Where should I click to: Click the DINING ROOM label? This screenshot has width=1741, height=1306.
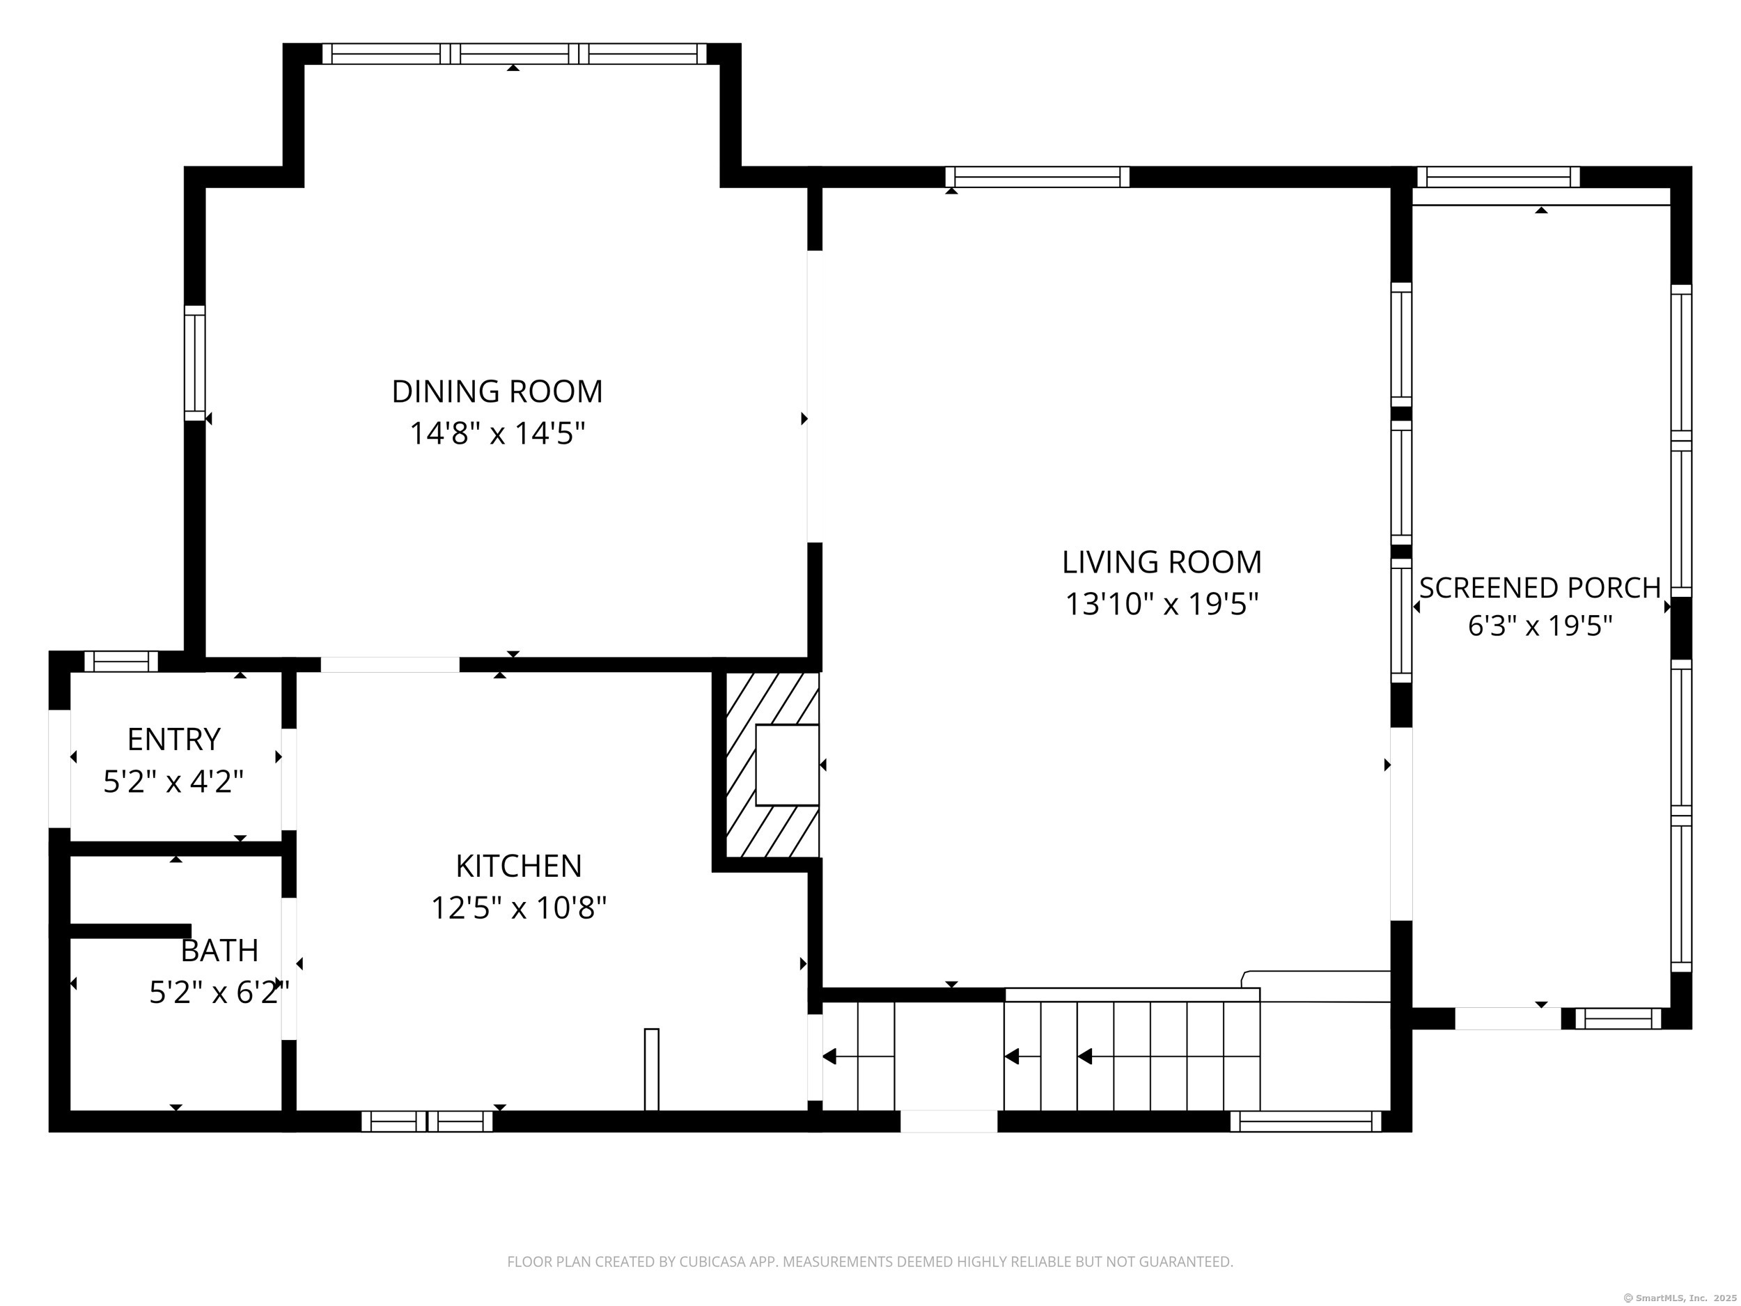coord(497,391)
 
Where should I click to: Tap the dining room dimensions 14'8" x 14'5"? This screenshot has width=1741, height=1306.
coord(497,433)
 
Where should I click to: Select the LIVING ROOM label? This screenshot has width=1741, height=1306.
coord(1162,562)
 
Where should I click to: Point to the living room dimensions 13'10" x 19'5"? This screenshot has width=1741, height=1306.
coord(1162,604)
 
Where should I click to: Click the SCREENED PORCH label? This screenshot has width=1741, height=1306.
coord(1540,588)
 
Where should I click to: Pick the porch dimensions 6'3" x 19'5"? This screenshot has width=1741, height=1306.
coord(1540,626)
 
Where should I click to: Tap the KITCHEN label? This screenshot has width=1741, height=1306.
coord(519,866)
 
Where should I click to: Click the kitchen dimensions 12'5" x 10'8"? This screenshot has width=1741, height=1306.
coord(519,908)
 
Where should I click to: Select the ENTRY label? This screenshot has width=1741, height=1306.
coord(174,739)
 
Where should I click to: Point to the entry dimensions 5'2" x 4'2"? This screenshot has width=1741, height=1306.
coord(174,781)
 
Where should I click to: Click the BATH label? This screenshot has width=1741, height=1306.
coord(219,950)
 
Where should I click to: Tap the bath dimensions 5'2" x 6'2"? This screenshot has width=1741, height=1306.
coord(219,992)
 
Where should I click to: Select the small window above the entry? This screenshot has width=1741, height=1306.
coord(121,661)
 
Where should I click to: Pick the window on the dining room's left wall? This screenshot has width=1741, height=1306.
coord(194,363)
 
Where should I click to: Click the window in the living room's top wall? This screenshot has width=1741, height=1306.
coord(1038,177)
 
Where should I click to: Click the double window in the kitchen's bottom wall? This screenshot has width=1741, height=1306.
coord(428,1121)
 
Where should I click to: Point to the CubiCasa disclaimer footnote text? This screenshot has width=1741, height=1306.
coord(870,1262)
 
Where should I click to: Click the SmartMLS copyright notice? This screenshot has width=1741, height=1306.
coord(1680,1298)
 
